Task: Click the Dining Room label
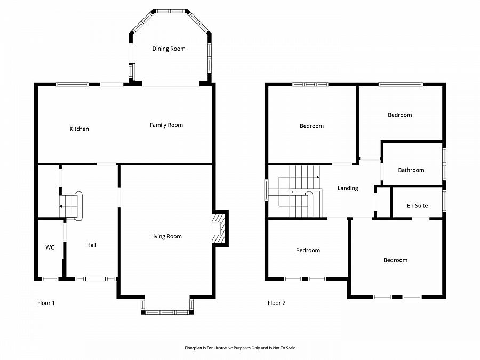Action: point(169,49)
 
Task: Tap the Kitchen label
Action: point(79,129)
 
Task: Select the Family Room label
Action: point(166,125)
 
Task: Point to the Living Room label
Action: point(166,236)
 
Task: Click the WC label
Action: point(50,247)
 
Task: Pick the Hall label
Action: point(91,245)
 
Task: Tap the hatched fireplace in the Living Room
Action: point(219,228)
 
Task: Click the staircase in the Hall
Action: point(71,206)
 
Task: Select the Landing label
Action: point(348,188)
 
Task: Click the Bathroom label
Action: point(411,170)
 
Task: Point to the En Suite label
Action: point(417,206)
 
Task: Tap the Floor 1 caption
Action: point(46,303)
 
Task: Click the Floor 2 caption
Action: point(276,303)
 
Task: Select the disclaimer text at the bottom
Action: point(240,348)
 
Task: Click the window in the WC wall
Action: point(50,279)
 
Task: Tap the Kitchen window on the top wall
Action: point(72,84)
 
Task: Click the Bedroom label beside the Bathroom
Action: point(400,115)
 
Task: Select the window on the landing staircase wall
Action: point(267,190)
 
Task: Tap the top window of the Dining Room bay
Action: point(171,11)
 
